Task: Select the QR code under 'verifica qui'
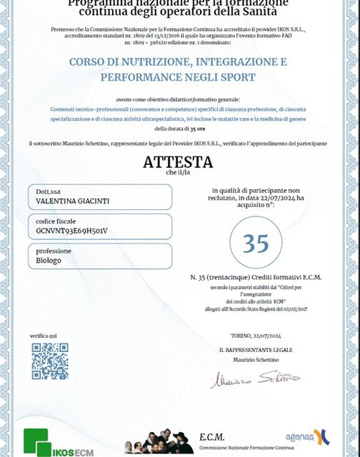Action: point(50,361)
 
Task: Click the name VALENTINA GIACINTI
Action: point(73,202)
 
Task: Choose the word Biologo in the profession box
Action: point(49,261)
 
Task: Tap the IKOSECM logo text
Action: point(71,450)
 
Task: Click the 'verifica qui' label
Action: point(44,336)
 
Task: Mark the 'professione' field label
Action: point(53,251)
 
